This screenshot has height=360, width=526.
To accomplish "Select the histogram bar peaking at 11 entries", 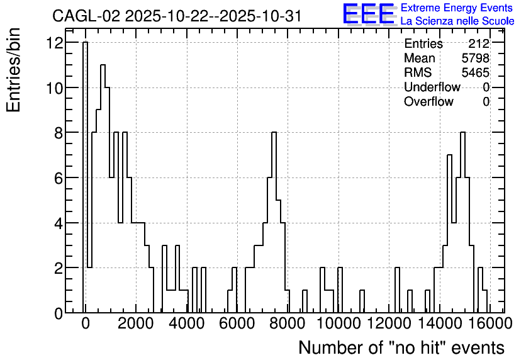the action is (103, 189).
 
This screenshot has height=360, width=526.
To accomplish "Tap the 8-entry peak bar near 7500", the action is (274, 222).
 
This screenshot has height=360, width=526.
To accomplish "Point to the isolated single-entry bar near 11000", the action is (362, 301).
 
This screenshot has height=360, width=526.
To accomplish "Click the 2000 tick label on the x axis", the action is (136, 323).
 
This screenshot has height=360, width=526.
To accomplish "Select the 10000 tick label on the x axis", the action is (339, 323).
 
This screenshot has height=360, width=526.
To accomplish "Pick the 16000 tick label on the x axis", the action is (490, 323).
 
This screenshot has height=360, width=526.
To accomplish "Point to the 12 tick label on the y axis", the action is (55, 43).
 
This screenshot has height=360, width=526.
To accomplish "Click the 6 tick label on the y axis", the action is (59, 178).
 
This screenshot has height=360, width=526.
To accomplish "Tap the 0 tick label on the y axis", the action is (59, 313).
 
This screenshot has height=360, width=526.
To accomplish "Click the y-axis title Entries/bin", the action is (13, 70).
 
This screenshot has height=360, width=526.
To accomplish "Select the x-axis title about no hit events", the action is (401, 347).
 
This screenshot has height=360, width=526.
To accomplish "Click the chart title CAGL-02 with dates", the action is (177, 16).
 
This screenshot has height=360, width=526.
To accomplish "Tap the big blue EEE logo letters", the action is (369, 14).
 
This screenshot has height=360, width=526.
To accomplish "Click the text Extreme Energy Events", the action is (457, 8).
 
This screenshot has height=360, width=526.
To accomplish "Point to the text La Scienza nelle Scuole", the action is (457, 21).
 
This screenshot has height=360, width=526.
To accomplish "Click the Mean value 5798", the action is (475, 58).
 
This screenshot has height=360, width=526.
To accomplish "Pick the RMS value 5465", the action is (475, 72).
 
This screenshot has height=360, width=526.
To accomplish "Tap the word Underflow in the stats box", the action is (432, 87).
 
